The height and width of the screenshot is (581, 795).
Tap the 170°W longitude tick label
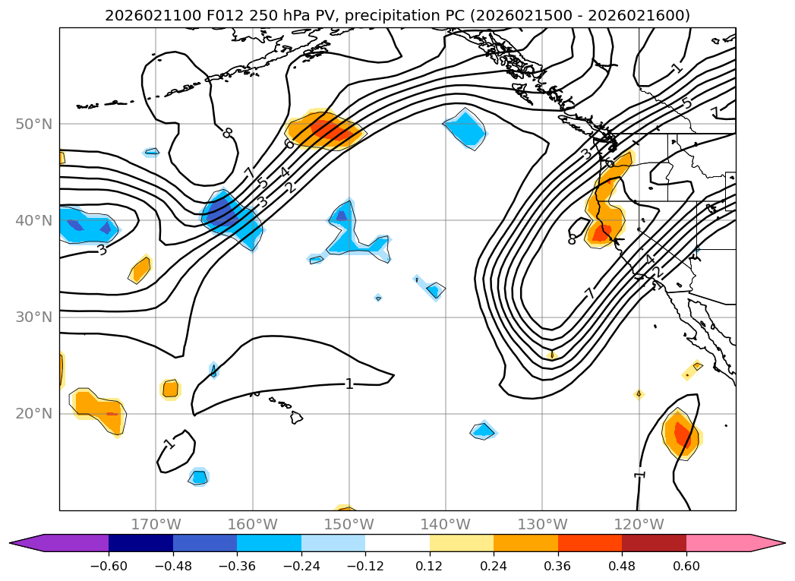pyautogui.click(x=156, y=524)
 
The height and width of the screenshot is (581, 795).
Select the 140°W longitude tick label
pyautogui.click(x=445, y=524)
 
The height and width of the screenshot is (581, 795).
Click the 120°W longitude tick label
pyautogui.click(x=639, y=524)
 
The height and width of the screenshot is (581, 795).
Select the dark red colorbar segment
pyautogui.click(x=654, y=543)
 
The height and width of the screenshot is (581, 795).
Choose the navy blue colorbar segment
pyautogui.click(x=140, y=543)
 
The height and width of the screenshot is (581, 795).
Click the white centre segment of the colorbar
pyautogui.click(x=397, y=543)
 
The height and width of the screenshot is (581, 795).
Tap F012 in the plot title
pyautogui.click(x=207, y=15)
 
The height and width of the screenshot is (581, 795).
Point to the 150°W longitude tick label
pyautogui.click(x=349, y=524)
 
